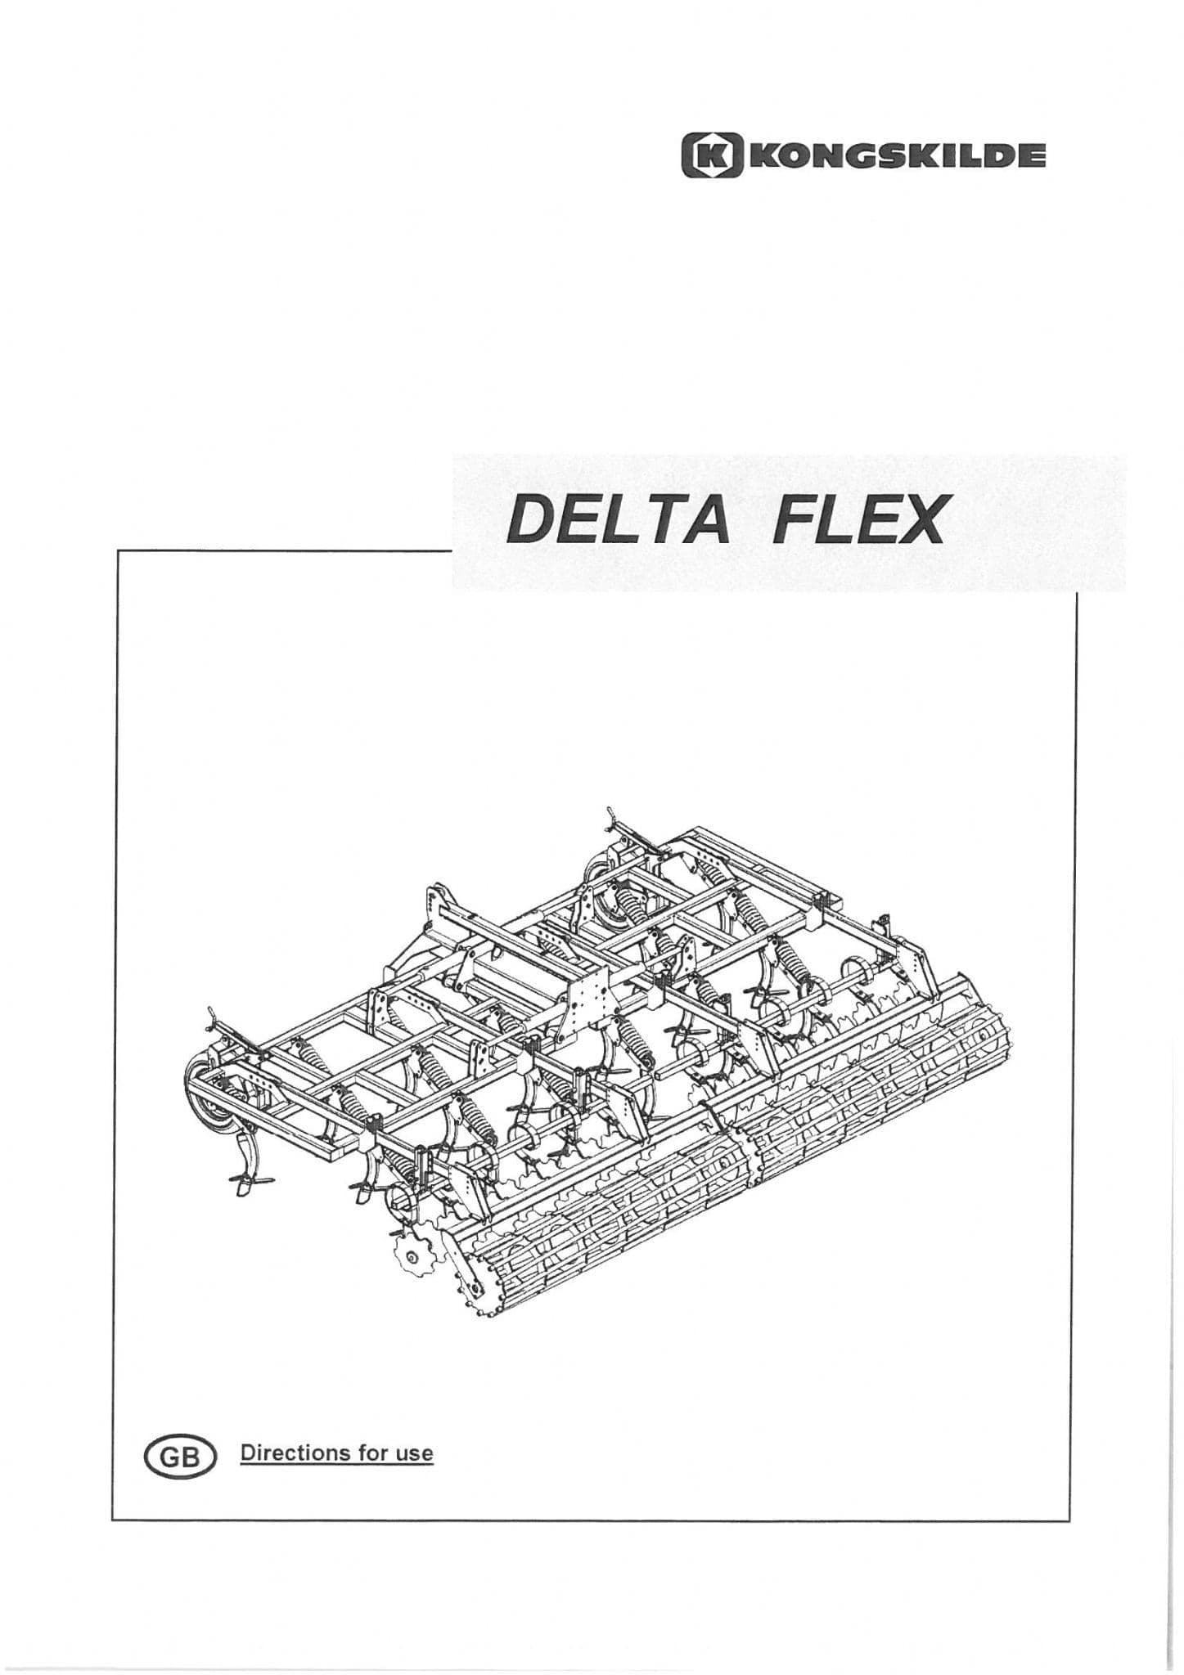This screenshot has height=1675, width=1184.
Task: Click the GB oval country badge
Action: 179,1478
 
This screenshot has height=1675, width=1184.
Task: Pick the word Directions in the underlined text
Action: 294,1475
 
